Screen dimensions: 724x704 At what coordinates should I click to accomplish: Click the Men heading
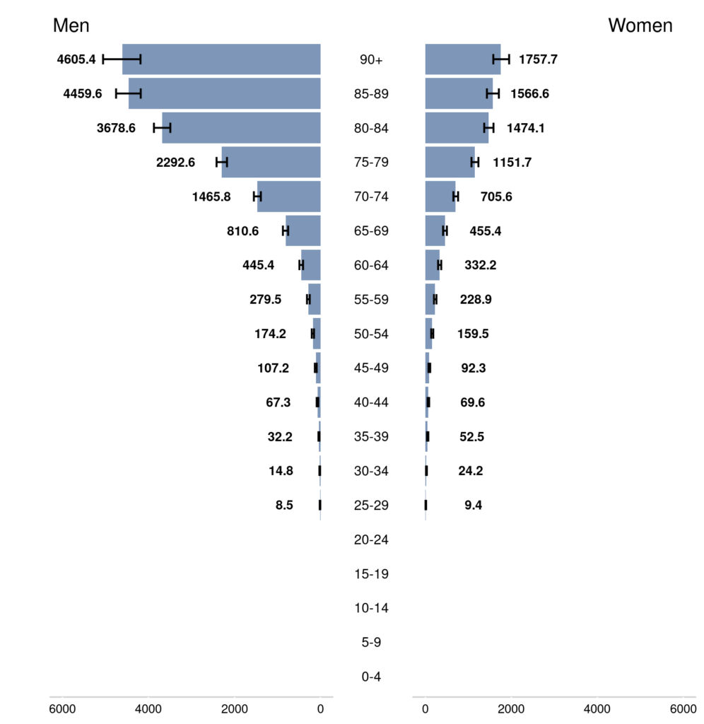[x=71, y=26]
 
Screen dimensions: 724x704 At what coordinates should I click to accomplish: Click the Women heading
[x=640, y=26]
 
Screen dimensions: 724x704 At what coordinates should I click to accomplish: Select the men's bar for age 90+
[x=221, y=59]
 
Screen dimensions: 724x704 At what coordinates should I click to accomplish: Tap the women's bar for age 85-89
[x=459, y=93]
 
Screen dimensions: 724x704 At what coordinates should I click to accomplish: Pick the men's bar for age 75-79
[x=271, y=163]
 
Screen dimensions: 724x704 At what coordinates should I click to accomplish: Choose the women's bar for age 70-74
[x=440, y=197]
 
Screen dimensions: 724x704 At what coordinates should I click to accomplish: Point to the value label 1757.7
[x=538, y=59]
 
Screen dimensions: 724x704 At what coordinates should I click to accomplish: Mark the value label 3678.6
[x=116, y=128]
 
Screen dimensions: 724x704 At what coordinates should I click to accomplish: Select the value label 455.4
[x=486, y=231]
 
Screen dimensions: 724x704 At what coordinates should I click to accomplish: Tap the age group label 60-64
[x=371, y=265]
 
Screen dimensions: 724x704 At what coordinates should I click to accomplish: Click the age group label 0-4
[x=371, y=677]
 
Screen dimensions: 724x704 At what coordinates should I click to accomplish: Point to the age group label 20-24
[x=371, y=540]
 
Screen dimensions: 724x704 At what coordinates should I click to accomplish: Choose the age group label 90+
[x=371, y=60]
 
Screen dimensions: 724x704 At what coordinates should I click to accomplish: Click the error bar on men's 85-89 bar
[x=129, y=93]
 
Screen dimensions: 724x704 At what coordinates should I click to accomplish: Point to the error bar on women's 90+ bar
[x=501, y=59]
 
